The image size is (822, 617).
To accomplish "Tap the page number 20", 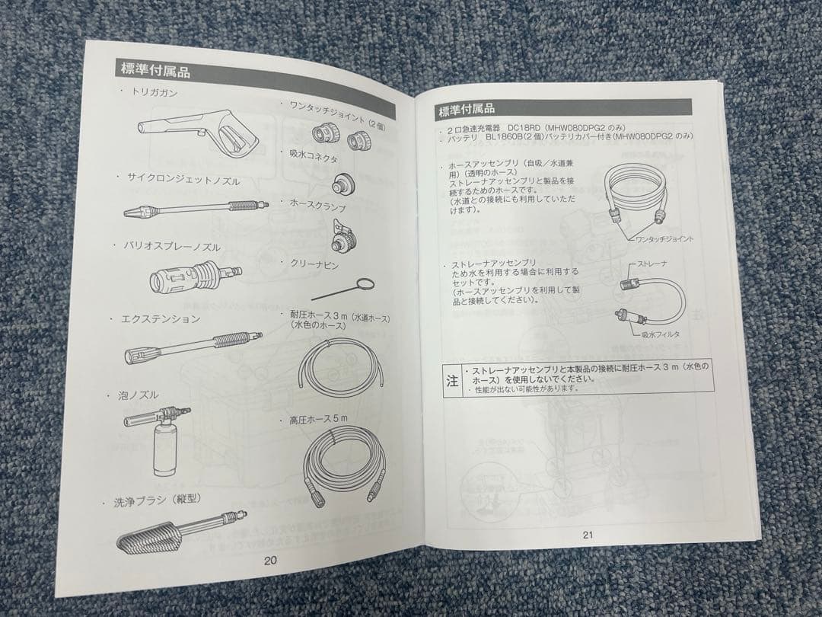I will point(271,560).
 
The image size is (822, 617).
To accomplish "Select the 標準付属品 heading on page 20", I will point(155,72).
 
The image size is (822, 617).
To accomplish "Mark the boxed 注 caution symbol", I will point(452,379).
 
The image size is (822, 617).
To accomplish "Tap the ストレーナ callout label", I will point(645,264).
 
